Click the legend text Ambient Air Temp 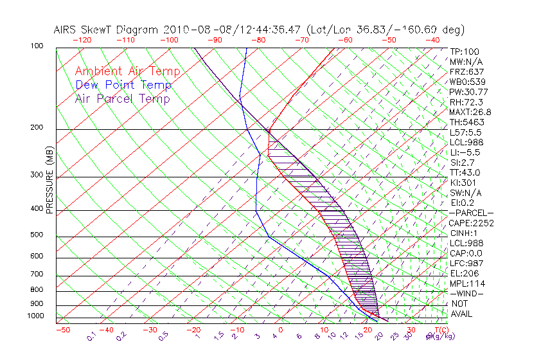[127, 71]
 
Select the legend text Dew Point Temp [123, 85]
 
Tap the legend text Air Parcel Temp [122, 98]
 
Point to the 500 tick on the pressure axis [37, 235]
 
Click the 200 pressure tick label [37, 128]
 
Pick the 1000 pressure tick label [35, 316]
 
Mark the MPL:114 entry [467, 283]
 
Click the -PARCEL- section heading [471, 213]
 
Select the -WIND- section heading [466, 293]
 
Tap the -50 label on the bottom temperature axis [62, 330]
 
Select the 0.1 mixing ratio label [91, 336]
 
